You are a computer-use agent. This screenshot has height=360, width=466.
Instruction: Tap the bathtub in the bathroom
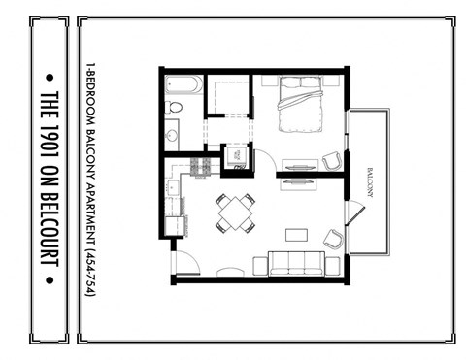183,84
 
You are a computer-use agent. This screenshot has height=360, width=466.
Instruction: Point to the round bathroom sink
172,132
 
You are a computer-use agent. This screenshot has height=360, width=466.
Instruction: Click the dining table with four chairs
235,213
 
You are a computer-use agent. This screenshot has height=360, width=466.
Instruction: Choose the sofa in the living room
296,262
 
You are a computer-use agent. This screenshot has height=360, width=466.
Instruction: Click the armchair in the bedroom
332,160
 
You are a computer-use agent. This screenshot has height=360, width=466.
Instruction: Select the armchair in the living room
333,238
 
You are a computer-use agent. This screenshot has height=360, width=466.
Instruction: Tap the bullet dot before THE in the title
52,74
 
